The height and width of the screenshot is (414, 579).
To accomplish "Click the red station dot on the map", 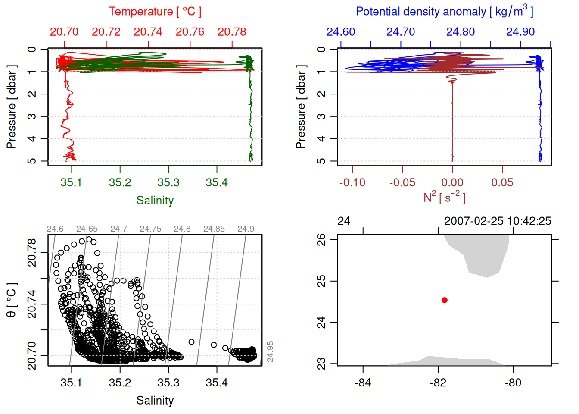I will [445, 300].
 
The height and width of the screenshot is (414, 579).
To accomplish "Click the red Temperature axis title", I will [155, 12].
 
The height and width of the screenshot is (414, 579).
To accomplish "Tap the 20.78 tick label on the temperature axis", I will [232, 32].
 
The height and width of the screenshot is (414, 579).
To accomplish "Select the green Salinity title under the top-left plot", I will [155, 201].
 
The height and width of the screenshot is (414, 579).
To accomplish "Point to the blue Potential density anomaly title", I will [444, 12].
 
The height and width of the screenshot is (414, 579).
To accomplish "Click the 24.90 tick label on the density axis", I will [520, 32].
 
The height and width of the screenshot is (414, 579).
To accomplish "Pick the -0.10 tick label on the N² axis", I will [352, 183].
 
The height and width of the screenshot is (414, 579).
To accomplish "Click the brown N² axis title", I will [444, 198].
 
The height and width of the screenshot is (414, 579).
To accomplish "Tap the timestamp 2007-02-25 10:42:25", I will [497, 221].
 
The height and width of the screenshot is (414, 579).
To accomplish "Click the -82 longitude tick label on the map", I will [438, 383].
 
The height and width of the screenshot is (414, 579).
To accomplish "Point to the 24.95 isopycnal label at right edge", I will [270, 351].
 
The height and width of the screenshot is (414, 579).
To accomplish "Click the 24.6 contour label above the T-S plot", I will [55, 229].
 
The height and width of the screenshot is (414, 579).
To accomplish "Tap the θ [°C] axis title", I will [12, 300].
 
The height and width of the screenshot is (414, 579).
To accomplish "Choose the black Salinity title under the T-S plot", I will [155, 401].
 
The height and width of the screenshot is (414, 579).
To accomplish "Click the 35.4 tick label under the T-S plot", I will [217, 383].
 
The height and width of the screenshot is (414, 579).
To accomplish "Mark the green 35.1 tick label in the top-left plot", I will [71, 183].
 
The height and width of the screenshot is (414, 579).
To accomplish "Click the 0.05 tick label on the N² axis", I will [502, 183].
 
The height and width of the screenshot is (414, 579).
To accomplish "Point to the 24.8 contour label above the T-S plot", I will [182, 229].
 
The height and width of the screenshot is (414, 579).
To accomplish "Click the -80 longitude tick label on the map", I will [513, 383].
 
